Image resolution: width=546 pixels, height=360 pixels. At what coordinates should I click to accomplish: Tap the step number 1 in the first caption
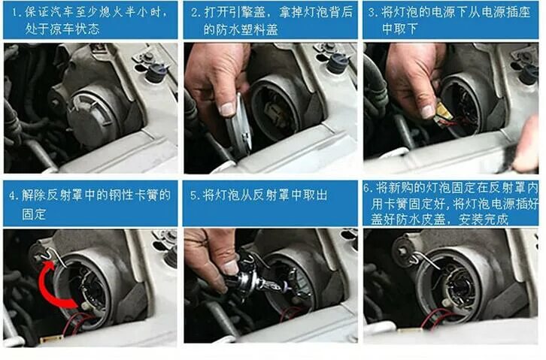14,13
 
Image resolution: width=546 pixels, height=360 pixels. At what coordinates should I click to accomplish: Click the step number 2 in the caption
195,13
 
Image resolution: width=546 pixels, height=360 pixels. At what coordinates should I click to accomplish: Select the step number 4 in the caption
14,195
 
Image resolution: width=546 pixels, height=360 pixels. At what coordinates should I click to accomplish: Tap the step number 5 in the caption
194,195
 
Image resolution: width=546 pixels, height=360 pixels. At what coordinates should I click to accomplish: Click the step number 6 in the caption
367,188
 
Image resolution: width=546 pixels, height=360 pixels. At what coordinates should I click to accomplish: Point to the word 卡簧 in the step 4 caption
146,195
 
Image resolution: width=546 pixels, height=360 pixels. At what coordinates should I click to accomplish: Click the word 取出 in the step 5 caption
315,195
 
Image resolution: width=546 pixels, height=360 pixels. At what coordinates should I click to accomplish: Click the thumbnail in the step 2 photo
227,109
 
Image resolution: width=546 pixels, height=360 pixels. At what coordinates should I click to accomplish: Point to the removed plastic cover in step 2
239,126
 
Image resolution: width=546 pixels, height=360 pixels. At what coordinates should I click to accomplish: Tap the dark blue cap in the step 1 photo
156,72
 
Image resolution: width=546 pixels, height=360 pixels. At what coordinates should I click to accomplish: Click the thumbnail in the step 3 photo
426,111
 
